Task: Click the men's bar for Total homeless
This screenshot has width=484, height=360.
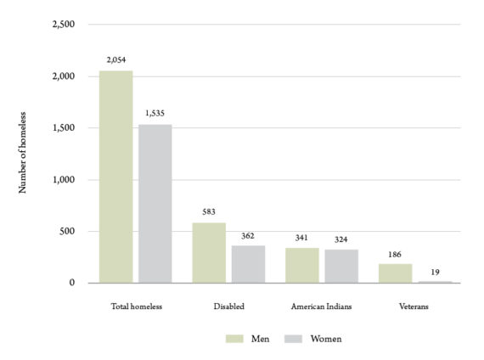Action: tap(116, 177)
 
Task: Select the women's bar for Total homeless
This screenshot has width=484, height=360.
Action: tap(155, 204)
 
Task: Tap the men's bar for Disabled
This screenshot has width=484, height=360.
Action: tap(209, 252)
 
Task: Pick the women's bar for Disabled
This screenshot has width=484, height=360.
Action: tap(248, 264)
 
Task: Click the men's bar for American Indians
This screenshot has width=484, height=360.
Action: tap(302, 265)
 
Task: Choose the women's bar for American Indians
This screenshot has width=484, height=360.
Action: tap(341, 266)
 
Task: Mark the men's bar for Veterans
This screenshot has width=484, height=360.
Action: tap(396, 273)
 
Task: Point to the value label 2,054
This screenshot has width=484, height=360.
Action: tap(116, 60)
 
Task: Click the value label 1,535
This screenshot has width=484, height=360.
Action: tap(155, 113)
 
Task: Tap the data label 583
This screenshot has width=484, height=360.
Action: tap(209, 211)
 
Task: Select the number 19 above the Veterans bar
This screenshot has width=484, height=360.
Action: tap(436, 273)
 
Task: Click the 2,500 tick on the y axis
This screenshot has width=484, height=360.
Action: tap(64, 24)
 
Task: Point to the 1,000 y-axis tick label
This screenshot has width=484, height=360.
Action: tap(64, 180)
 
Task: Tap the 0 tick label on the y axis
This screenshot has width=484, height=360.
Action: tap(72, 283)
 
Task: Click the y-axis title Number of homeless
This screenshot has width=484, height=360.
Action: tap(22, 153)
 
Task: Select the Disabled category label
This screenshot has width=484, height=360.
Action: tap(229, 307)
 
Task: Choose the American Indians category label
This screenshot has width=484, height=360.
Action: tap(321, 307)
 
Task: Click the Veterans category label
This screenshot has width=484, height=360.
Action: tap(414, 307)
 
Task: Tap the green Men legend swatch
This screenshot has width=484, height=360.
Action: tap(234, 339)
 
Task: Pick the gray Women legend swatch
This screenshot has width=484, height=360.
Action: tap(293, 339)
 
